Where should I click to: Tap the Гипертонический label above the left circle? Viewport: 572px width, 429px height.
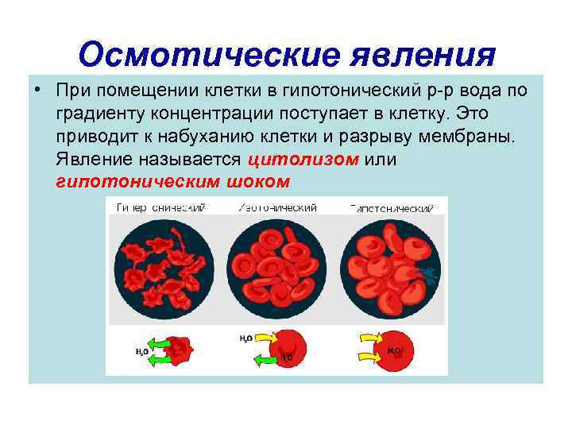pos(161,208)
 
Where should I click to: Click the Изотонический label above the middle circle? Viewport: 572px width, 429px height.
pos(278,208)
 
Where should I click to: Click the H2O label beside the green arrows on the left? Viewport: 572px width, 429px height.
pos(141,351)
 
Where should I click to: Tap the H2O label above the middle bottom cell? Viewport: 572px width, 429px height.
pos(246,337)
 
